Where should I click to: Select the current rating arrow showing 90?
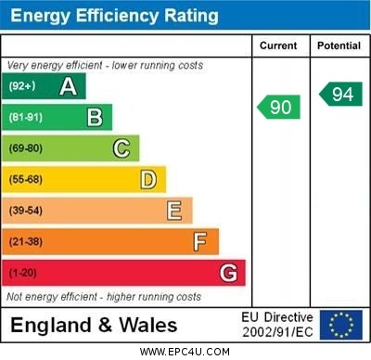279,107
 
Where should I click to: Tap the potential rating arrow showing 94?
340,94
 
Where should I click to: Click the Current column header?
278,45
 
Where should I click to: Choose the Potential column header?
339,45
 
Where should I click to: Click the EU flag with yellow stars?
341,324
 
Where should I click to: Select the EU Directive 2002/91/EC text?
277,324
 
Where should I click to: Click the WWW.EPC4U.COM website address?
185,352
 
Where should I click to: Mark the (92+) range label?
21,86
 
